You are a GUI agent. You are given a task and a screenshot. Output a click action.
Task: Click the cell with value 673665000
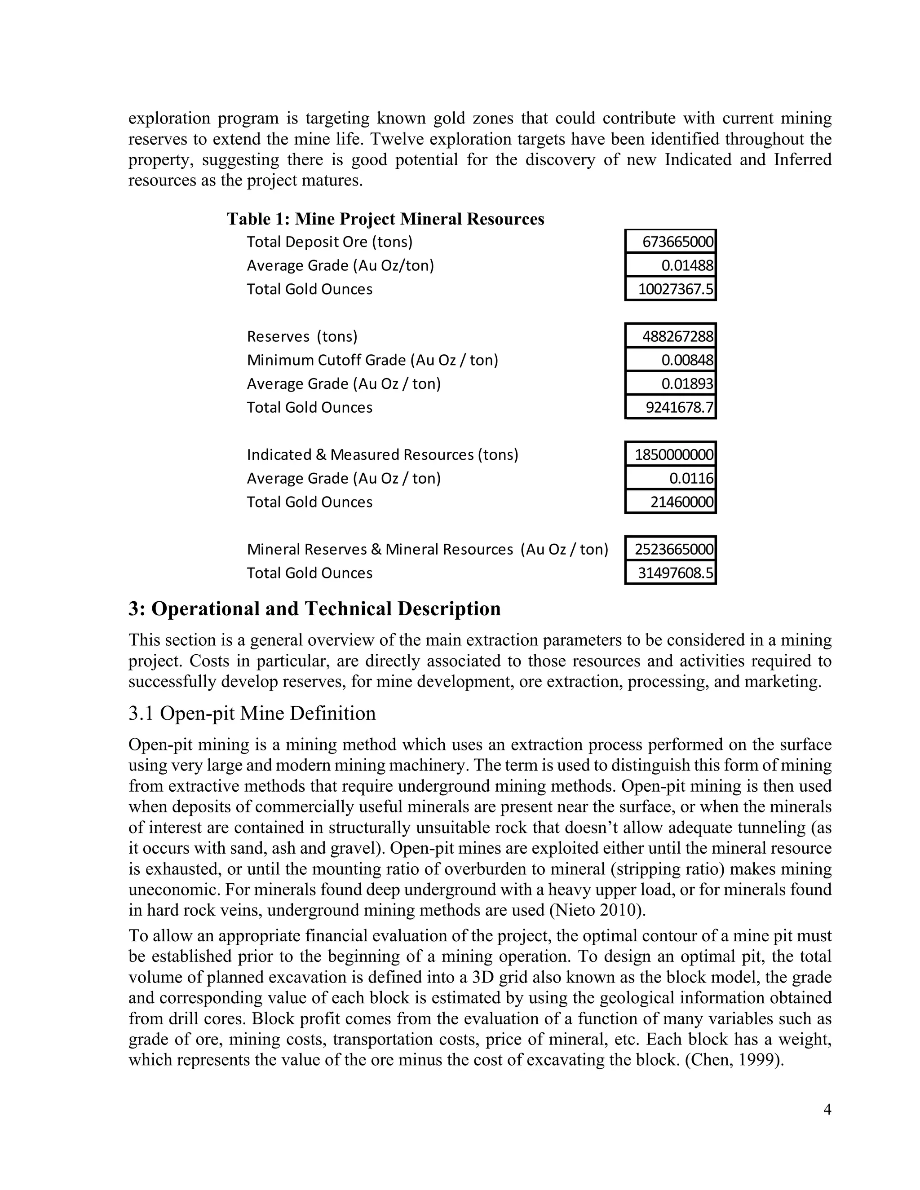pyautogui.click(x=670, y=242)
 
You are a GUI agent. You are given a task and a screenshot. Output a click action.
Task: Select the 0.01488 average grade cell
pyautogui.click(x=670, y=265)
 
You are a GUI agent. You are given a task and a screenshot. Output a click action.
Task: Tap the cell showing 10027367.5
pyautogui.click(x=670, y=289)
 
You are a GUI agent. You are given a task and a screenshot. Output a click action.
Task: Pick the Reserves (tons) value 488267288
pyautogui.click(x=670, y=336)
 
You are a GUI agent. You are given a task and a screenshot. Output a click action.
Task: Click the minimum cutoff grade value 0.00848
pyautogui.click(x=670, y=360)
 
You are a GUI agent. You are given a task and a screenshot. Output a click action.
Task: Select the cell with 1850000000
pyautogui.click(x=670, y=454)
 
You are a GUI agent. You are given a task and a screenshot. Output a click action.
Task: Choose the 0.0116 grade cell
pyautogui.click(x=670, y=478)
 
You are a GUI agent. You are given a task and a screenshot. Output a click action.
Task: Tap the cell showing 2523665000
pyautogui.click(x=670, y=549)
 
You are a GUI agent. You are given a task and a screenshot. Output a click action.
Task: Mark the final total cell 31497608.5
pyautogui.click(x=670, y=573)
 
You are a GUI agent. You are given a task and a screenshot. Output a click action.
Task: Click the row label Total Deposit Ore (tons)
pyautogui.click(x=329, y=242)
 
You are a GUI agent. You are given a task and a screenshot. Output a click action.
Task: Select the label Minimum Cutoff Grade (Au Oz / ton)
pyautogui.click(x=372, y=360)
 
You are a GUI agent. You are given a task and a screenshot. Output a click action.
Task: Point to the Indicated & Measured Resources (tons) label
pyautogui.click(x=382, y=454)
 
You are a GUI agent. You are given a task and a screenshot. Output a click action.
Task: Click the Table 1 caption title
pyautogui.click(x=385, y=219)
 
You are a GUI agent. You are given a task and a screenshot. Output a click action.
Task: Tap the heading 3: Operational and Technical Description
pyautogui.click(x=314, y=608)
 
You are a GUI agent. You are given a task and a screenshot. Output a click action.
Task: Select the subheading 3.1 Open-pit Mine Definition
pyautogui.click(x=252, y=713)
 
